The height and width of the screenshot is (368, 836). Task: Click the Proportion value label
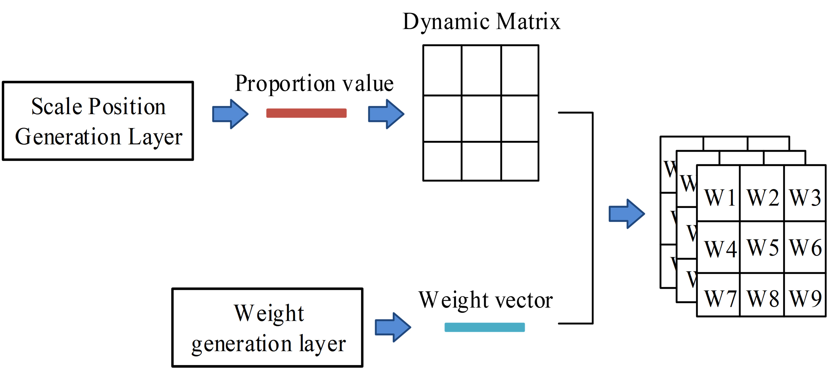click(314, 84)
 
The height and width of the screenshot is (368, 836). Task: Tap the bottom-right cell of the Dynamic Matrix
click(520, 161)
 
